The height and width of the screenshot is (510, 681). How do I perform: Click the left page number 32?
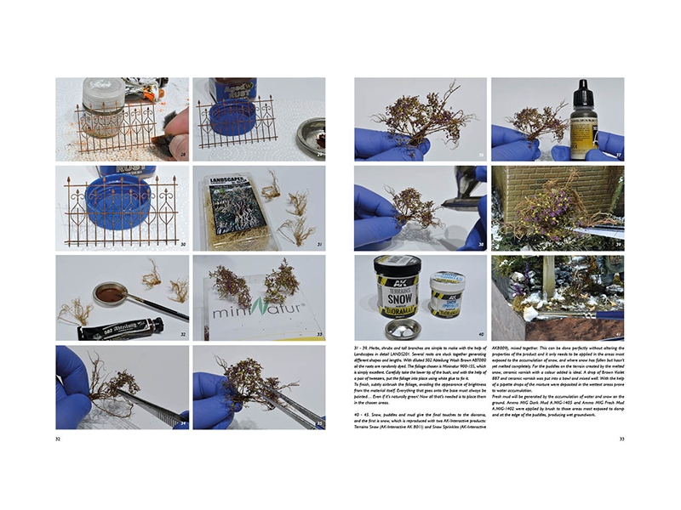(x=58, y=439)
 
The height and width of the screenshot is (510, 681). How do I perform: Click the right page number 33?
(x=621, y=439)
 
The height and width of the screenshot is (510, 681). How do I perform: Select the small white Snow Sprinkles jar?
(x=446, y=292)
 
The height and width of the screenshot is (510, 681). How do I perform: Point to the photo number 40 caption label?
(x=480, y=334)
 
